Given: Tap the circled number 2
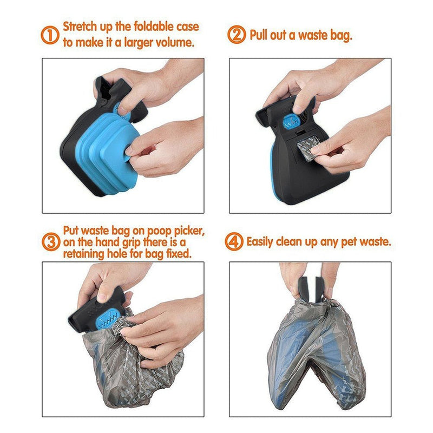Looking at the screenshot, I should (237, 36).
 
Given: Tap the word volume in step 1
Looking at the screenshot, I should (174, 42).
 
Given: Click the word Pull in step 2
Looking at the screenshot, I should (260, 36).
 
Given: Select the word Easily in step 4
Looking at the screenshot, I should (264, 241).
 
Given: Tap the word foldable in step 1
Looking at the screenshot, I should (155, 27).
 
